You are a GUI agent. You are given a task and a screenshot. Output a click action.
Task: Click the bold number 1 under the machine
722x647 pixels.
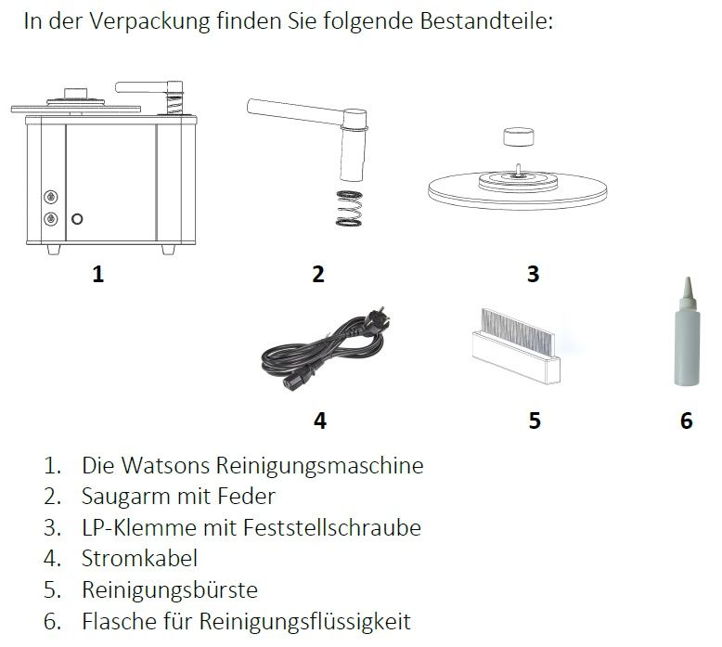click(98, 274)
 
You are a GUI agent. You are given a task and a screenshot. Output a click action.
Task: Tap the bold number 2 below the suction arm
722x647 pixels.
click(318, 274)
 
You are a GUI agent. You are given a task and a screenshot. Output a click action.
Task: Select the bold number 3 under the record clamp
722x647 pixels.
click(533, 274)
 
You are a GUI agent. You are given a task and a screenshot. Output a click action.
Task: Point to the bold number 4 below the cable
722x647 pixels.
click(320, 421)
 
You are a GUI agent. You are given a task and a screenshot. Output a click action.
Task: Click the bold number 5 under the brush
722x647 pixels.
click(535, 421)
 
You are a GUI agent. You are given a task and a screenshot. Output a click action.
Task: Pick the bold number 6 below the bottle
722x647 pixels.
click(686, 421)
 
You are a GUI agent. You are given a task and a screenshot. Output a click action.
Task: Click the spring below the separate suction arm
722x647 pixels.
click(349, 209)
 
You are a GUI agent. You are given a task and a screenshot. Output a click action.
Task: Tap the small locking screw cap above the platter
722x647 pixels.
click(519, 137)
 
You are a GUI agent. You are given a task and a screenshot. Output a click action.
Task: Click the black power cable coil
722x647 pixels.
click(326, 349)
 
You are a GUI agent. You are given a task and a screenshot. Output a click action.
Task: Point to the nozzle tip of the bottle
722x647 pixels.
click(688, 279)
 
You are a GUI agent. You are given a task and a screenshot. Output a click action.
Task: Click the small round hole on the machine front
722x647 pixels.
click(77, 219)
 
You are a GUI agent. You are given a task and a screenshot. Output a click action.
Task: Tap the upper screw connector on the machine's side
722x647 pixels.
click(51, 197)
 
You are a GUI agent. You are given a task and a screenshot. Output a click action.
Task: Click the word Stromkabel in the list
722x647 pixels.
click(139, 558)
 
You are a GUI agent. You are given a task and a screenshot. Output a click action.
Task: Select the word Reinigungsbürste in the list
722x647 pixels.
click(170, 589)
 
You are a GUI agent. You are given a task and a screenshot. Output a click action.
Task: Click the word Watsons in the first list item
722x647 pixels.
click(166, 465)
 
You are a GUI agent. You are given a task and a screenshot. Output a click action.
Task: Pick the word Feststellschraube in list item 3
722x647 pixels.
click(332, 527)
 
